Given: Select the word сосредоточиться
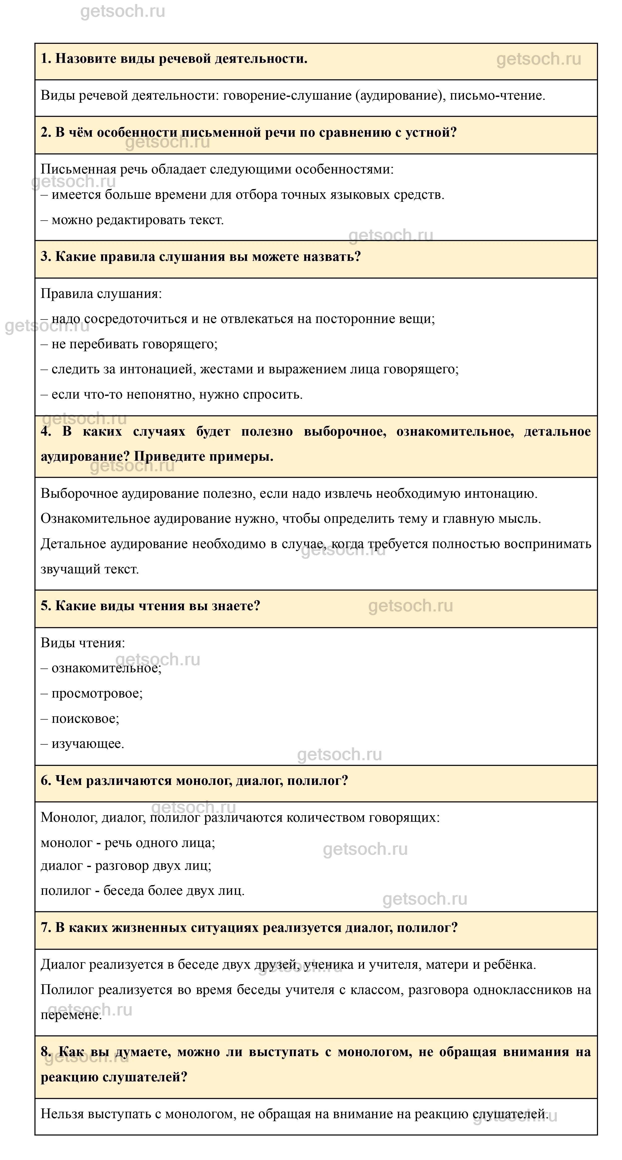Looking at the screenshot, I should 135,319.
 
